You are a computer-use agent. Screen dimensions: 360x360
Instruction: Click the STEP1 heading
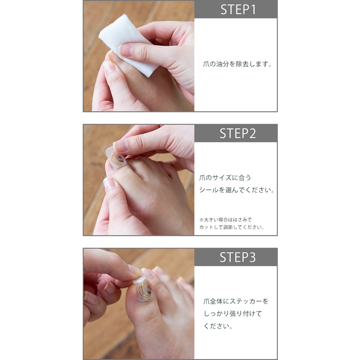click(238, 10)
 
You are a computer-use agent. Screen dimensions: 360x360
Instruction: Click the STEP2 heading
click(237, 134)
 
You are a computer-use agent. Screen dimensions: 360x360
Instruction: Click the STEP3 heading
click(237, 257)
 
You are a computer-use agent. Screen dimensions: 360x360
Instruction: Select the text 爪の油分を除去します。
click(237, 64)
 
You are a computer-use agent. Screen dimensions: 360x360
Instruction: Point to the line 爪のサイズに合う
click(225, 178)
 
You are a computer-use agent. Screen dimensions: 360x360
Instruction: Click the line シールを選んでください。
click(237, 190)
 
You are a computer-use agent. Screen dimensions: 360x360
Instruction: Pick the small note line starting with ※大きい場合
click(225, 220)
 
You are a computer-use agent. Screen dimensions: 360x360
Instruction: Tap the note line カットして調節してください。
click(232, 227)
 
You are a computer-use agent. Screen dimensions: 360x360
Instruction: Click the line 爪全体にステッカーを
click(236, 301)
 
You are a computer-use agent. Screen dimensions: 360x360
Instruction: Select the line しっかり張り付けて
click(233, 314)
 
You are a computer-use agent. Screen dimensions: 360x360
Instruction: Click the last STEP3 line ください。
click(218, 326)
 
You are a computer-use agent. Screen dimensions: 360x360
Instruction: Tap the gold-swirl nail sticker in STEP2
click(116, 159)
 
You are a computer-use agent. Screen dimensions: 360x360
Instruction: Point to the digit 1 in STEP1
click(253, 10)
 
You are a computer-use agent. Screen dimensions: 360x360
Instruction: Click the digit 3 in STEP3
click(252, 257)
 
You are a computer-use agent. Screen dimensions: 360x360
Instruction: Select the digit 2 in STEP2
click(252, 134)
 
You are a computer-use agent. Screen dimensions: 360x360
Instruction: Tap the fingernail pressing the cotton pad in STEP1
click(126, 50)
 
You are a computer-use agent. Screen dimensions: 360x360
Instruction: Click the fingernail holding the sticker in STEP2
click(121, 146)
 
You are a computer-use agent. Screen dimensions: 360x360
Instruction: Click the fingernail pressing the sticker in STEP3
click(135, 270)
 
